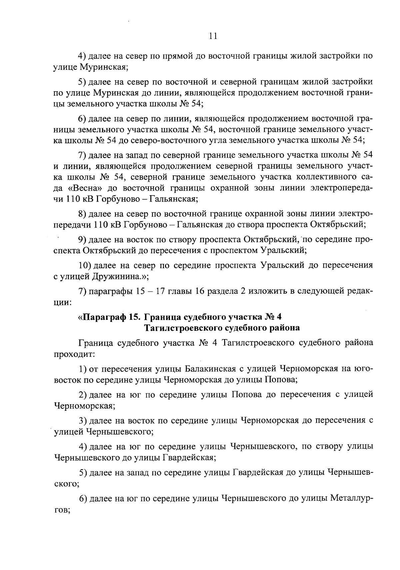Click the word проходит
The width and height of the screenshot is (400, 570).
tap(74, 354)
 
